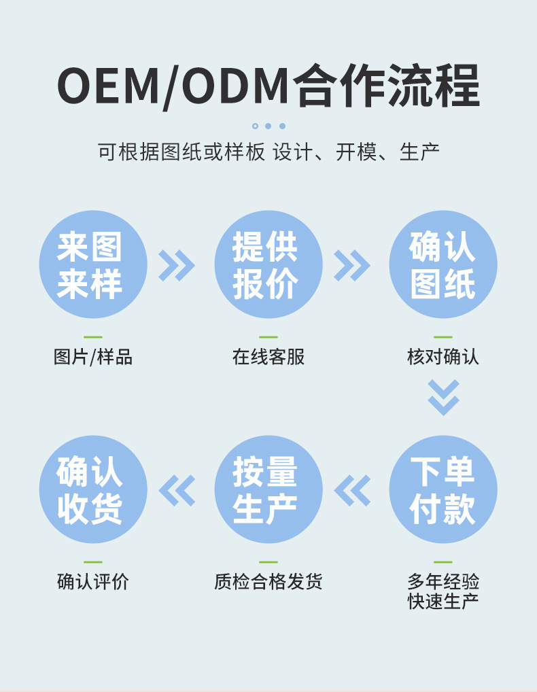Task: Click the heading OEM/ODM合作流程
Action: [268, 86]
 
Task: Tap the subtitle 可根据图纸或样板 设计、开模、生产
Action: [268, 152]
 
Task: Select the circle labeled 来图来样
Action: [93, 264]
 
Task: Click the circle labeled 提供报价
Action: [268, 264]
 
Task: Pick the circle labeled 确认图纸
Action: [443, 264]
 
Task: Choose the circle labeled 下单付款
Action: [443, 489]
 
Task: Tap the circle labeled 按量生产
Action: [268, 489]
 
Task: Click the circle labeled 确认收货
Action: [93, 489]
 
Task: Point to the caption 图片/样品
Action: [93, 357]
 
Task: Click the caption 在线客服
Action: [268, 357]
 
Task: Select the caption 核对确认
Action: [443, 357]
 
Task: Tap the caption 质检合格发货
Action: [268, 582]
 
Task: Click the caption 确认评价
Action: [93, 582]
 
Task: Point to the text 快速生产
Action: [443, 602]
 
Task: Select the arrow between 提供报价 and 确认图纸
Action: [351, 265]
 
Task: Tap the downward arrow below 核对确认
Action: [443, 397]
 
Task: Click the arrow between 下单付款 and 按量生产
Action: [352, 490]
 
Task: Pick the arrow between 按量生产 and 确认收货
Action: [177, 490]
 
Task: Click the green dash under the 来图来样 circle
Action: [93, 337]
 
